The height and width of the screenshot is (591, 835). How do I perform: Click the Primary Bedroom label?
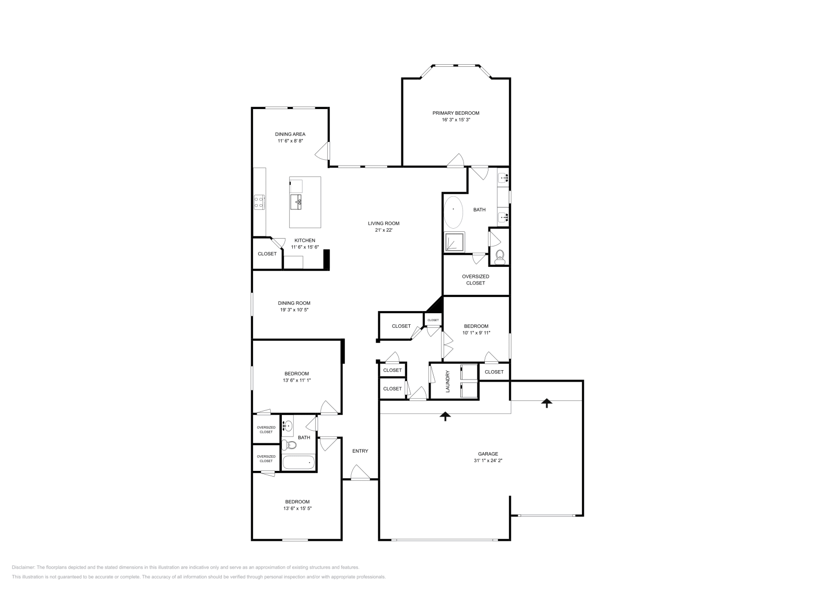pos(456,113)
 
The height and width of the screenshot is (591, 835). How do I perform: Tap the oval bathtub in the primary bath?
pos(454,212)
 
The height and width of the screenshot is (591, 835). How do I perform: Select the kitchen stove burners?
pos(259,202)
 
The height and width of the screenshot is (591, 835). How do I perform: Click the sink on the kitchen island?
pos(296,201)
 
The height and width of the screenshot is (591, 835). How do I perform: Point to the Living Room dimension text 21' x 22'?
pos(383,230)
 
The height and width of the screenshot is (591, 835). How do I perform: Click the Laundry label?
pos(448,381)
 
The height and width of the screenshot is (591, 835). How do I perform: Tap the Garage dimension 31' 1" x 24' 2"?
pos(488,460)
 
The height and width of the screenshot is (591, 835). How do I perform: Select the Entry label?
pos(360,451)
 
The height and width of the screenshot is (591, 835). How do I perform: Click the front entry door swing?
pos(359,473)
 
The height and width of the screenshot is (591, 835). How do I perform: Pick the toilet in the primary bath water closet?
pos(500,255)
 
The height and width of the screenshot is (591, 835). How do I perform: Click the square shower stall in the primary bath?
pos(453,242)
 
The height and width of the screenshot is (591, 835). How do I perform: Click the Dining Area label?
pos(290,134)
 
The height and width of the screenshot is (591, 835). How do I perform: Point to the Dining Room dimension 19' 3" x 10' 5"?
pos(294,310)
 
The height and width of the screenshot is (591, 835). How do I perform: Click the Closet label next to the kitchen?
pos(267,254)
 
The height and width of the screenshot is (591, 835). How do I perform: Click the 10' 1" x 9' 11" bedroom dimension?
pos(476,333)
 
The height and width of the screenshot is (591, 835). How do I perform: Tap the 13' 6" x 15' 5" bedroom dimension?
pos(297,508)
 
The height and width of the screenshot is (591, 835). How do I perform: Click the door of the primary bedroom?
pos(456,161)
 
